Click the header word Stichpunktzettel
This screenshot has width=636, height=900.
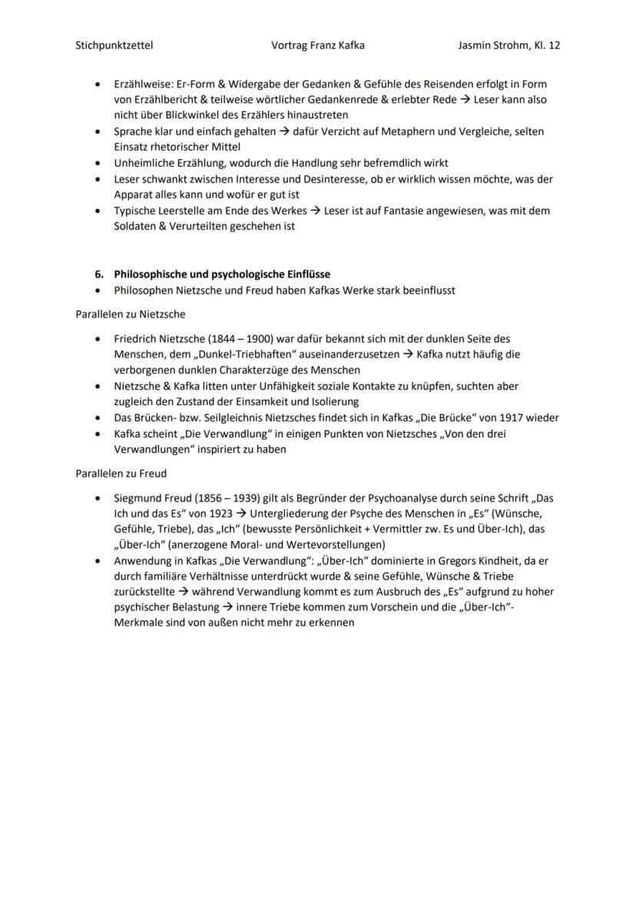[x=114, y=45]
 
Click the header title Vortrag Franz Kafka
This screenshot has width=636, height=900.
[x=318, y=45]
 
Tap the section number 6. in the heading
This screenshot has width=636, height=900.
[x=99, y=274]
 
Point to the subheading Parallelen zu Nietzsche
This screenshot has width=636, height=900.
[x=130, y=314]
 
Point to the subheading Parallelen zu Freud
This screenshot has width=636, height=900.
[x=121, y=473]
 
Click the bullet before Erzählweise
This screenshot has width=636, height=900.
[x=97, y=84]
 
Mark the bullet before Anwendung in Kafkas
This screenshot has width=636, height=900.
[x=97, y=561]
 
